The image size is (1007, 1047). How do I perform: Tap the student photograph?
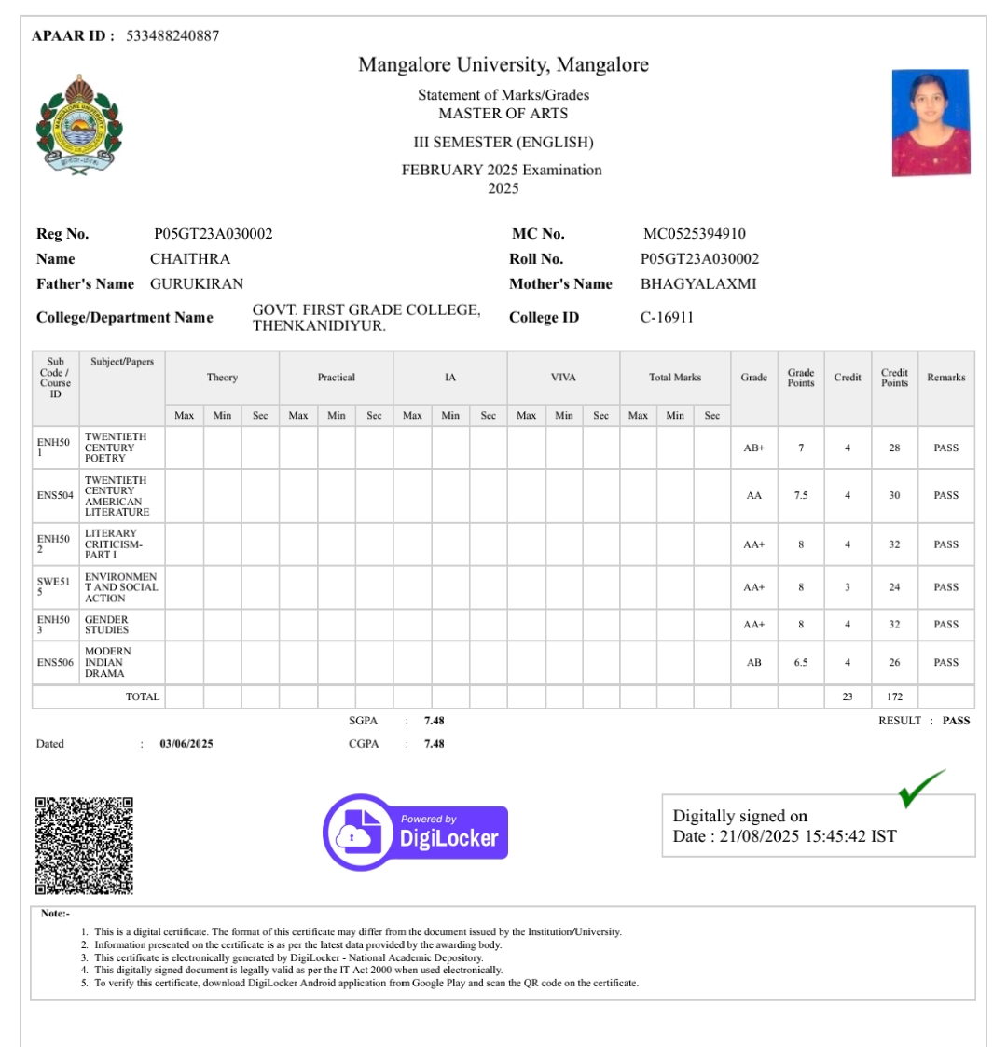pos(931,122)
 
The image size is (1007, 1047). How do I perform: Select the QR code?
pos(84,846)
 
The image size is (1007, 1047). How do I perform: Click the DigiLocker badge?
pos(416,832)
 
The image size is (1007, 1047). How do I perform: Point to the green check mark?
pos(920,788)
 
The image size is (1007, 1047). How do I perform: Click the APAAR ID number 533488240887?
pos(172,36)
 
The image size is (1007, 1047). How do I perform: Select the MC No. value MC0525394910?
pos(694,234)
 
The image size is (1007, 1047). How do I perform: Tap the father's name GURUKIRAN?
pos(197,284)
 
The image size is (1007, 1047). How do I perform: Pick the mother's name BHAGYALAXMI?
pos(698,284)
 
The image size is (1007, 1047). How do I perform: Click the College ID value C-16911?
pos(667,318)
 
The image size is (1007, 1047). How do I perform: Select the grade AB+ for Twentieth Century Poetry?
pos(753,448)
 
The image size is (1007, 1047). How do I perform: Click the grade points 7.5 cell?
pos(801,496)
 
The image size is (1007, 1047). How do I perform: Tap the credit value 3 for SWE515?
pos(848,587)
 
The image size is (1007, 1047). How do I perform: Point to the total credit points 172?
pos(894,696)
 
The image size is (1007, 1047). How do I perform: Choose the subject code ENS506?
pos(55,663)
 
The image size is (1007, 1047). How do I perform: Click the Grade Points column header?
pos(801,378)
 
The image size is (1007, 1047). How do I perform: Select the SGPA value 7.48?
pos(434,721)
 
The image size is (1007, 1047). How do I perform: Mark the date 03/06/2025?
pos(186,744)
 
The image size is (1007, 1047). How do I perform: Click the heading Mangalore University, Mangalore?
pos(504,65)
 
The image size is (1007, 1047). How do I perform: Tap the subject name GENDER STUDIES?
pos(107,625)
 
